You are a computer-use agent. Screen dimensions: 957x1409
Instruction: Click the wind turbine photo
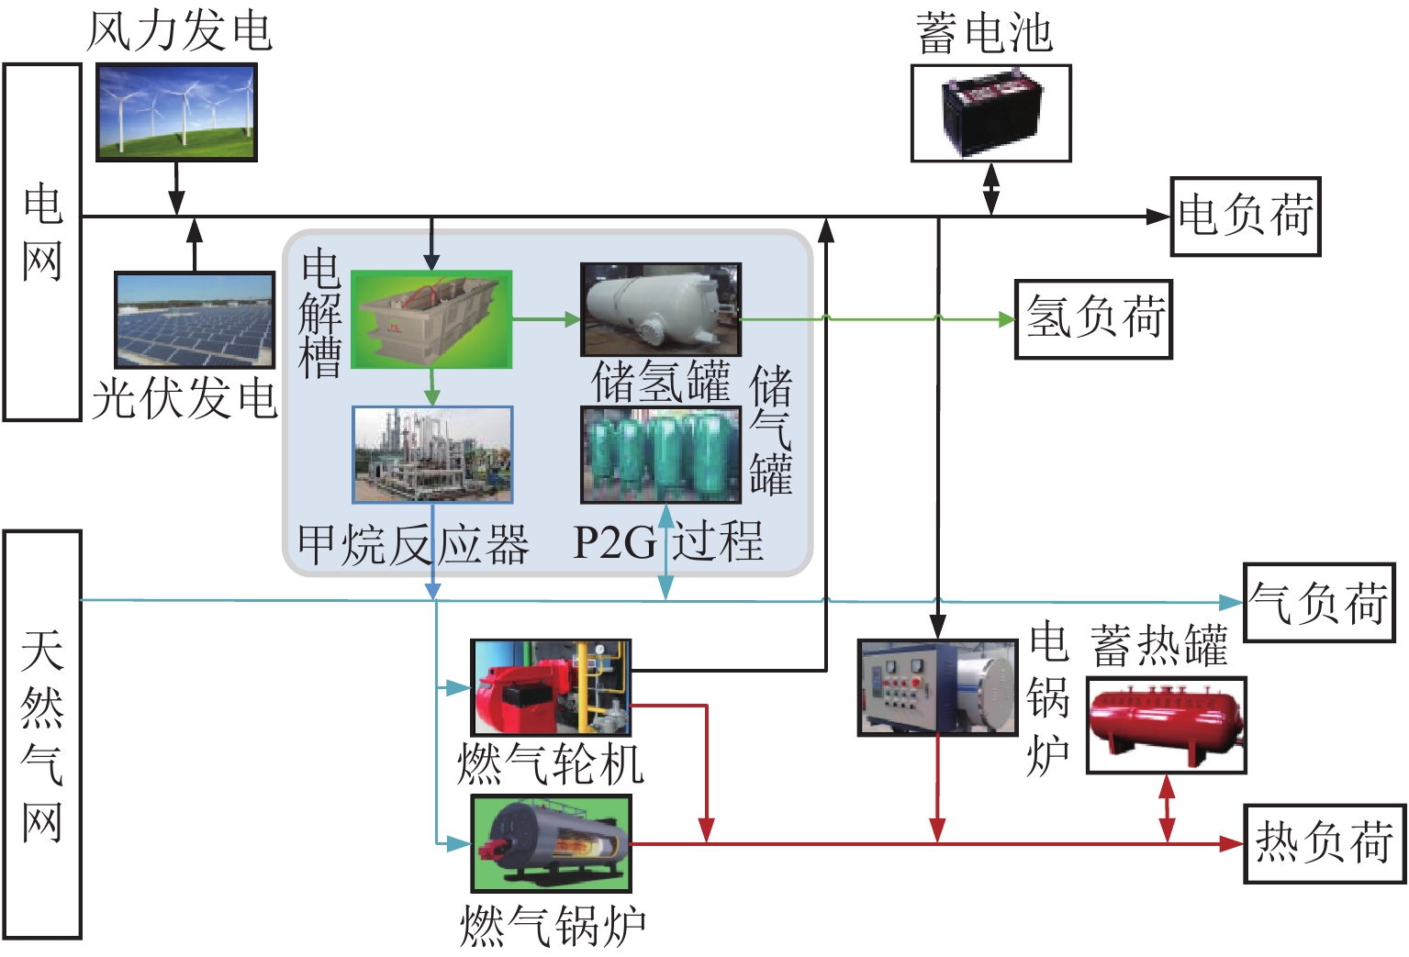(x=176, y=112)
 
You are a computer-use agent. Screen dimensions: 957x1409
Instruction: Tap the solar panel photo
(x=195, y=320)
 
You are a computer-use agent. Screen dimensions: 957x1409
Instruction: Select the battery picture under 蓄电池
(x=990, y=114)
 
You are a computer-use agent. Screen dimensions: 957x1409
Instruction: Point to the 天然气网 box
(x=42, y=734)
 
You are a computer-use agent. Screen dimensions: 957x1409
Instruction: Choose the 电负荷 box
(x=1245, y=217)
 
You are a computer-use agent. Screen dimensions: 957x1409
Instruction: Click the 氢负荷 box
(x=1093, y=319)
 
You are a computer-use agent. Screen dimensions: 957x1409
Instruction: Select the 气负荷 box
(x=1318, y=603)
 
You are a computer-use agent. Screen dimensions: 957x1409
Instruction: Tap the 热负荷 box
(x=1324, y=844)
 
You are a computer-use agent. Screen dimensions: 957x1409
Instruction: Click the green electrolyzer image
(x=431, y=319)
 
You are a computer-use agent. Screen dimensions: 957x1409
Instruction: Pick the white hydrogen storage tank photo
(x=660, y=310)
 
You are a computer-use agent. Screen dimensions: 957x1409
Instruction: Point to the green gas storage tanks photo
(x=660, y=455)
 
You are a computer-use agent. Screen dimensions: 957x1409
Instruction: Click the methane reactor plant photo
(x=432, y=455)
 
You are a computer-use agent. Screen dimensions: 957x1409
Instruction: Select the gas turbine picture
(x=551, y=687)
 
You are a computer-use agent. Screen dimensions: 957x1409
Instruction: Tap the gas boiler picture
(x=551, y=843)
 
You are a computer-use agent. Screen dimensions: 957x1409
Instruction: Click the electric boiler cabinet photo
(x=937, y=687)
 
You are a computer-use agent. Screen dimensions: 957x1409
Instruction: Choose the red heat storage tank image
(x=1166, y=725)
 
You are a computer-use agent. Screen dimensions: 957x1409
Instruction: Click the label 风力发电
(x=180, y=31)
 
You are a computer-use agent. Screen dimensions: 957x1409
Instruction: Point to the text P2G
(x=614, y=543)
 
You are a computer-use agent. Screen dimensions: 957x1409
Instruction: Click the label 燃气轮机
(x=551, y=763)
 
